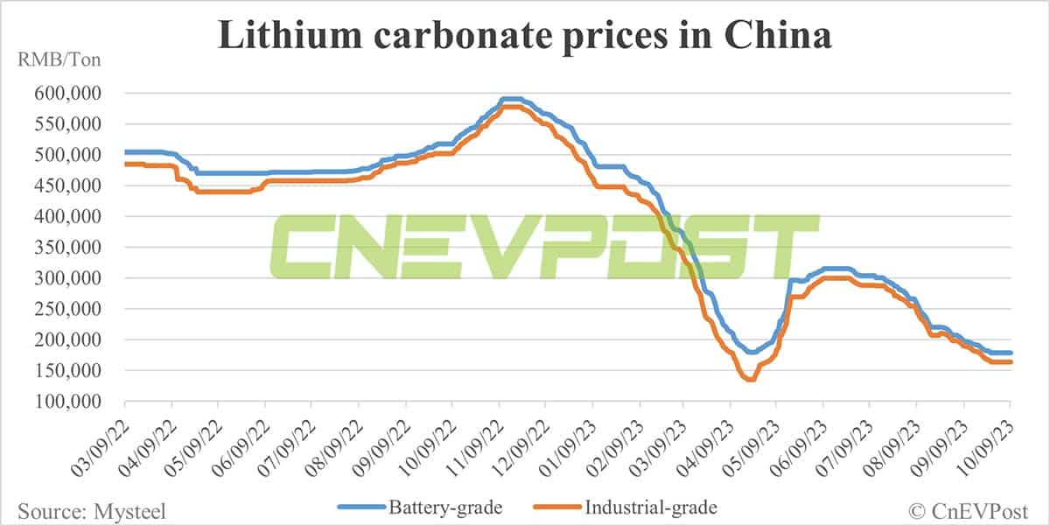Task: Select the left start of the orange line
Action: click(127, 165)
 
